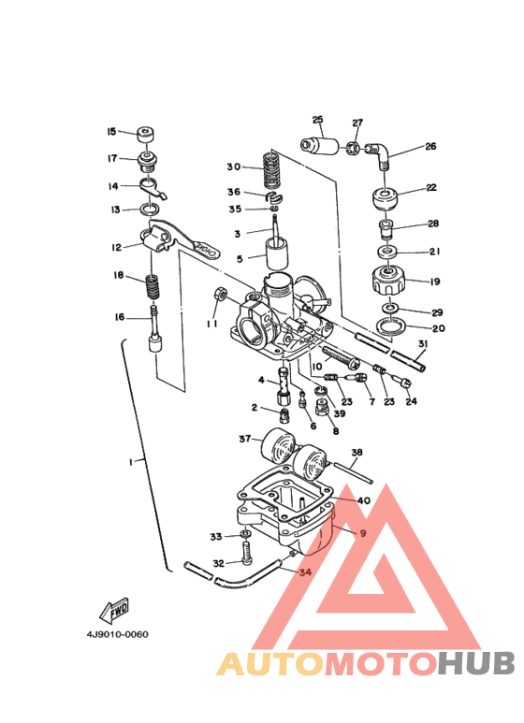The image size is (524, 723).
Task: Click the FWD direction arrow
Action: tap(114, 611)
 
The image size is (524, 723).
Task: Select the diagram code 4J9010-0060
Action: tap(117, 634)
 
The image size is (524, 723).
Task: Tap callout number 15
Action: tap(111, 132)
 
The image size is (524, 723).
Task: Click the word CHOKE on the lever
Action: tap(207, 250)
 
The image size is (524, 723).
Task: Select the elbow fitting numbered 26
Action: tap(379, 154)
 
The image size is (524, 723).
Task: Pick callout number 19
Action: tap(434, 282)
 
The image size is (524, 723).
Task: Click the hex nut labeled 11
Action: tap(220, 294)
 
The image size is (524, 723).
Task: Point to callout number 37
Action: tap(244, 439)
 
